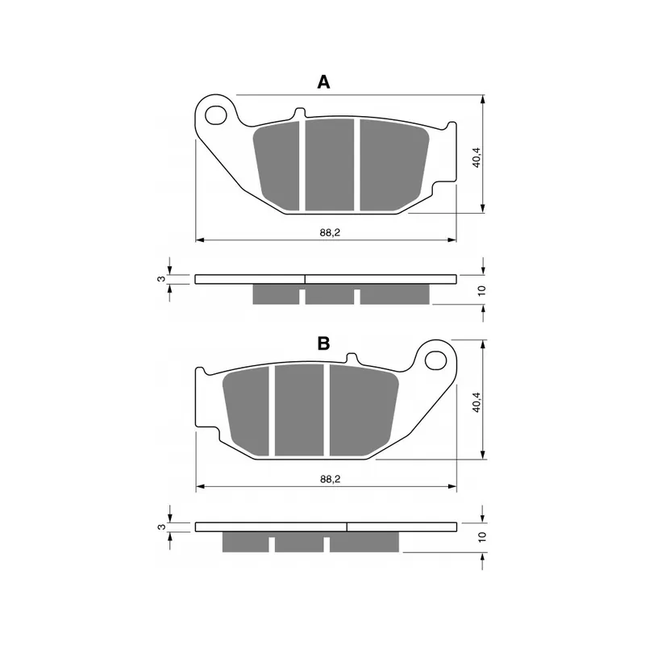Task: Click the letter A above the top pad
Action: coord(323,81)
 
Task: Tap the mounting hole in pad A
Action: coord(217,115)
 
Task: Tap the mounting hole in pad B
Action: coord(435,358)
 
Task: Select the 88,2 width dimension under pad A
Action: coord(327,232)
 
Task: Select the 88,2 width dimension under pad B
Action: coord(327,479)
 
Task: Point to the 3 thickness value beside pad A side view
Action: coord(161,279)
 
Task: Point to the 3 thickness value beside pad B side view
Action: coord(161,527)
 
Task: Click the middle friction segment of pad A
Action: coord(329,164)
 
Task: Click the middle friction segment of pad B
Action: coord(299,410)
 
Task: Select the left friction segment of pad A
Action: coord(278,165)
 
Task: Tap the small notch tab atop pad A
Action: coord(300,114)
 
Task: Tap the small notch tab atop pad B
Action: coord(352,359)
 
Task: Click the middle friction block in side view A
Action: coord(329,295)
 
